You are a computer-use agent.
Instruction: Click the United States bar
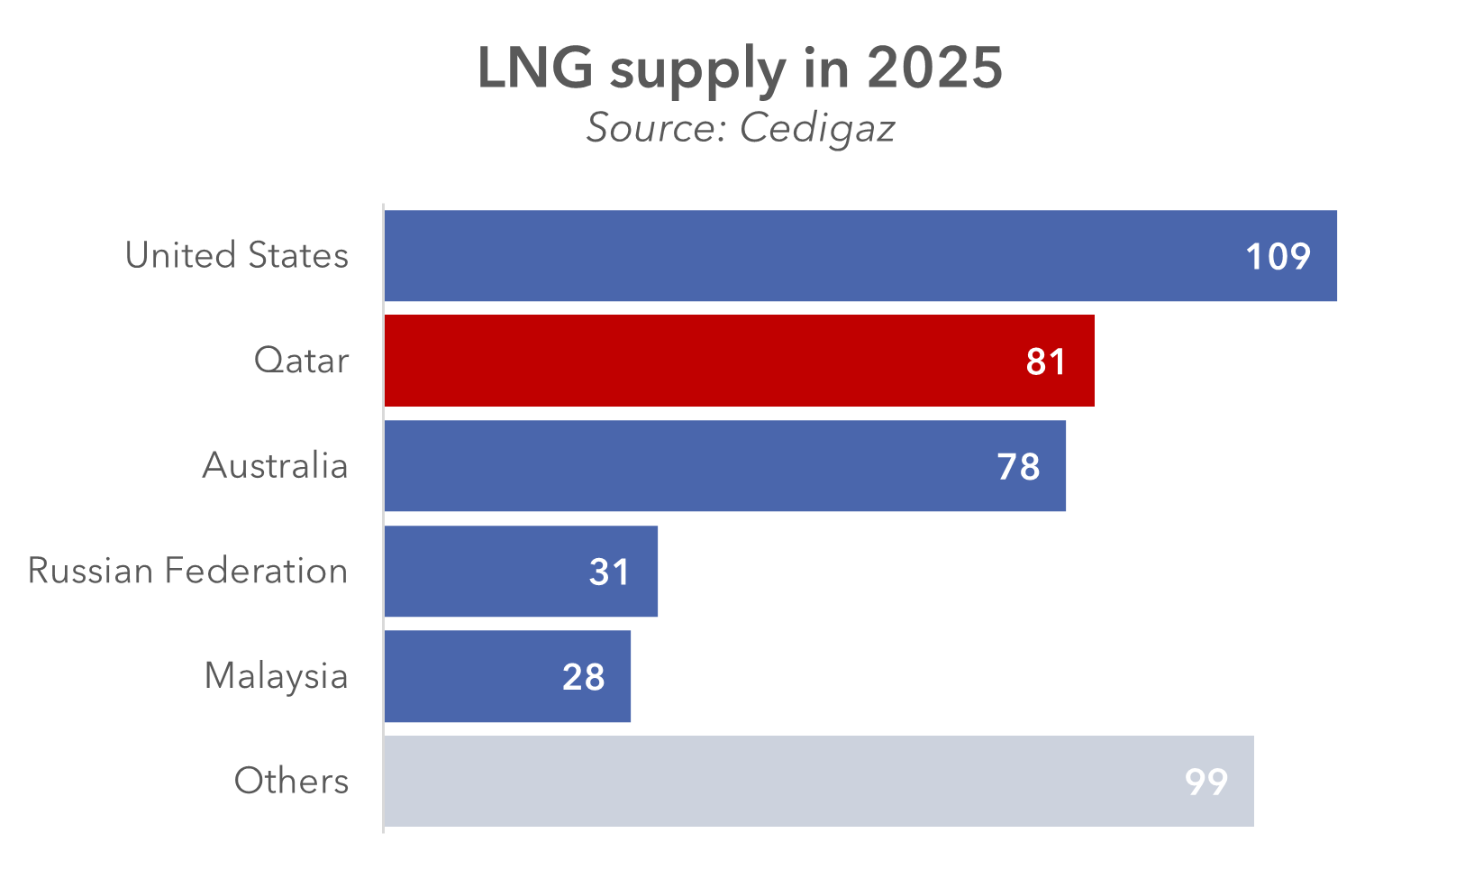click(811, 256)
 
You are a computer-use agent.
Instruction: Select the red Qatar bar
click(703, 361)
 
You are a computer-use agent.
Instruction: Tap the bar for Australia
click(685, 466)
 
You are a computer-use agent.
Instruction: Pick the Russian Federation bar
click(487, 572)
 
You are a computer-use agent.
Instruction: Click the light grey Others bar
click(775, 781)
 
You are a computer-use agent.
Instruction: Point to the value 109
click(1278, 257)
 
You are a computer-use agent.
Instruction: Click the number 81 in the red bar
click(1045, 362)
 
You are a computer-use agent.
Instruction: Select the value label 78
click(1018, 467)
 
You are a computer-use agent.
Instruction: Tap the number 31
click(609, 572)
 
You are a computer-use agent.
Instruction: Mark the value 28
click(583, 677)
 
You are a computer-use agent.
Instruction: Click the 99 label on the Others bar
click(1206, 782)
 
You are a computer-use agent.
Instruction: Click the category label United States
click(236, 255)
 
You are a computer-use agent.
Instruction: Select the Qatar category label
click(301, 361)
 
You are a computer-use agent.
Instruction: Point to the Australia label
click(275, 466)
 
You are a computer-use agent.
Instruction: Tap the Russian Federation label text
click(187, 571)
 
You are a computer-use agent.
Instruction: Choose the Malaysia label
click(276, 676)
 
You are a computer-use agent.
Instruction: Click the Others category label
click(291, 781)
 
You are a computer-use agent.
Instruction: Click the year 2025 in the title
click(934, 68)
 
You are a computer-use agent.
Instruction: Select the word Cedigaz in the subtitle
click(817, 128)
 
